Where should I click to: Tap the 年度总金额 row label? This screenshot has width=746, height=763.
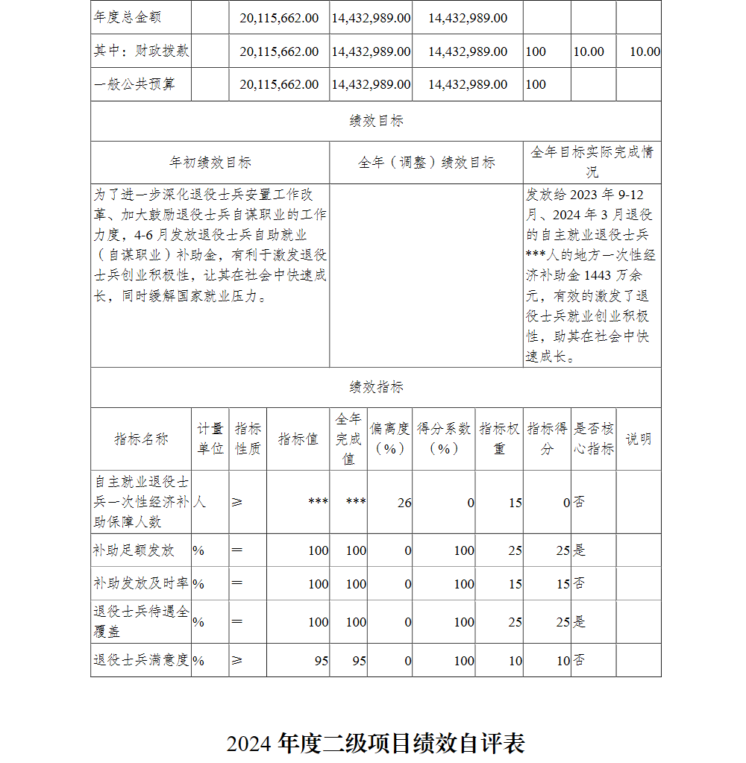pos(128,17)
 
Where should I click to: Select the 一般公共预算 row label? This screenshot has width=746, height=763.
pos(134,84)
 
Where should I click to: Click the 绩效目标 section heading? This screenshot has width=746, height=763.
pos(376,121)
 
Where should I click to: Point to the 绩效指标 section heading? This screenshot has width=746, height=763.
pos(376,387)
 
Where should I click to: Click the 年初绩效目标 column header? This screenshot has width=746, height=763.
pos(210,163)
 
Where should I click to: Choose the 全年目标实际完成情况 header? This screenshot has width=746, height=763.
pos(592,162)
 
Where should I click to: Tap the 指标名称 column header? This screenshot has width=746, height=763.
pos(141,439)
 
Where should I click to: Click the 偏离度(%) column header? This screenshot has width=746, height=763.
pos(389,439)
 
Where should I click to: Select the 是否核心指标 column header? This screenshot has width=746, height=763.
pos(593,439)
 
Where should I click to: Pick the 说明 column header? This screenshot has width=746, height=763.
pos(638,439)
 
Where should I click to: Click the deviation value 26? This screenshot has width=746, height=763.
pos(404,503)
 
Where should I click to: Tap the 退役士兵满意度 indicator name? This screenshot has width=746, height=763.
pos(141,660)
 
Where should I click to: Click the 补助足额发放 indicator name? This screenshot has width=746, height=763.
pos(134,550)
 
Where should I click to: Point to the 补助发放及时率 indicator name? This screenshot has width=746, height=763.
pos(141,583)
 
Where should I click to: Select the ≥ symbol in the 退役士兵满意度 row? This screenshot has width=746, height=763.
pos(237,660)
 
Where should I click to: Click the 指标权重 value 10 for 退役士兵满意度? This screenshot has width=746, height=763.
pos(515,661)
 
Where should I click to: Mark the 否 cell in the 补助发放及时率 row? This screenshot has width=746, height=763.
pos(579,583)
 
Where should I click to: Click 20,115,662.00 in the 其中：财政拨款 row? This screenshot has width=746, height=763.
pos(279,51)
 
